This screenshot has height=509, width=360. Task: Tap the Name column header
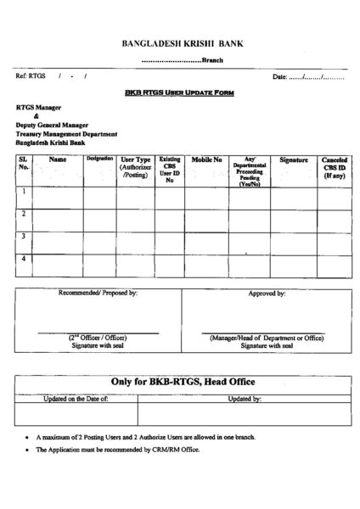point(58,159)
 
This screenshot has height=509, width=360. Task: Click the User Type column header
point(136,167)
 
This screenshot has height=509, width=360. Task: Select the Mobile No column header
point(206,159)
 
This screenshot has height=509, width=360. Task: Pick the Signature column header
point(294,159)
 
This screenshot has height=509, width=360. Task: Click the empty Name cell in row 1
point(58,199)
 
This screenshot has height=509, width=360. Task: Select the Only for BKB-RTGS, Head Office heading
point(184,383)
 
